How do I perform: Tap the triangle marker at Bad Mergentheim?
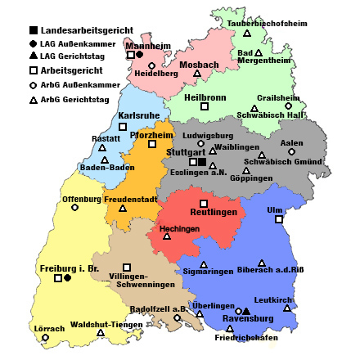(x=259, y=53)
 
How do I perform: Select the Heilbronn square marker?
(x=205, y=106)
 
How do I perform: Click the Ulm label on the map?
(x=274, y=210)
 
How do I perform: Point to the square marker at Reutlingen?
(x=204, y=203)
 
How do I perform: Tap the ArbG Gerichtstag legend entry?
(x=80, y=99)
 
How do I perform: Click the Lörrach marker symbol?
(x=45, y=337)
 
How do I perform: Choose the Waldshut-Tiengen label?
(x=101, y=324)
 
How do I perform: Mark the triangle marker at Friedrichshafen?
(x=229, y=329)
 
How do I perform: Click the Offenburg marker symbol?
(x=75, y=207)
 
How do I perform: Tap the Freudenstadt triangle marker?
(x=123, y=208)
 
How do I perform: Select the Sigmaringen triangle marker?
(x=204, y=264)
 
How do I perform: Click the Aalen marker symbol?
(x=291, y=151)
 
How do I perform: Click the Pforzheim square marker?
(x=152, y=144)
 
